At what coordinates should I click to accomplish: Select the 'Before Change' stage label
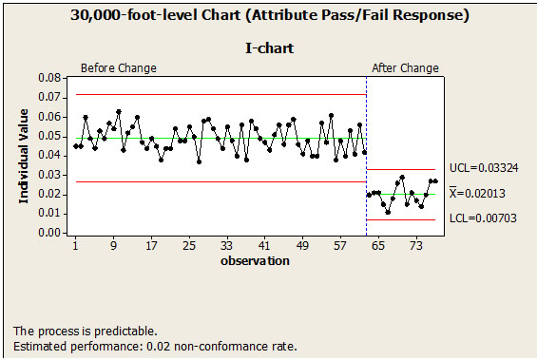(118, 68)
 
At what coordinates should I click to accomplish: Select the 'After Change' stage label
(405, 68)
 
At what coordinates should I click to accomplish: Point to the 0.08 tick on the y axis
(47, 78)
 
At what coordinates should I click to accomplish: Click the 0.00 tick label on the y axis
(47, 232)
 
